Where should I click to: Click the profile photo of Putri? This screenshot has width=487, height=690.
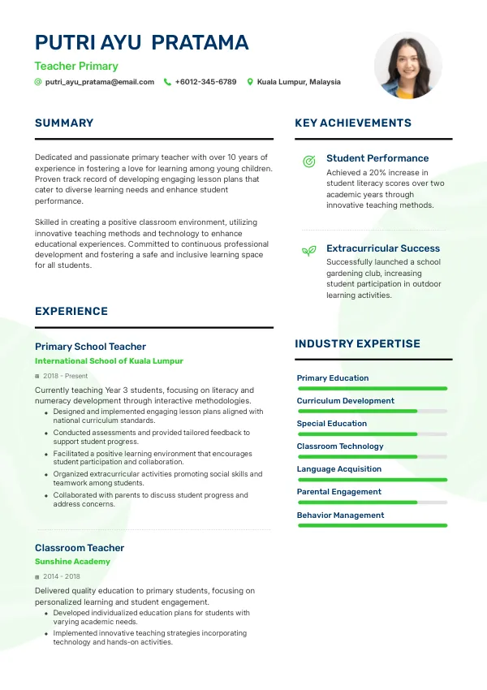[x=408, y=66]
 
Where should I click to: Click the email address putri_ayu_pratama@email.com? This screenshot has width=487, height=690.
[x=99, y=82]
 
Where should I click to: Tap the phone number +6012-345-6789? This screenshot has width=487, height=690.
[x=205, y=82]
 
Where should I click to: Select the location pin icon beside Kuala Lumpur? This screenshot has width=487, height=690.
[x=250, y=82]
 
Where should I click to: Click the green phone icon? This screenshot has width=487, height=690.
[x=167, y=82]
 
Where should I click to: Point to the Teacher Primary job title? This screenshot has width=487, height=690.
[x=76, y=67]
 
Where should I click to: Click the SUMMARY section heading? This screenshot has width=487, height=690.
[x=64, y=123]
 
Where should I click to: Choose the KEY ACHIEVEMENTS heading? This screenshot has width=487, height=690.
[x=353, y=123]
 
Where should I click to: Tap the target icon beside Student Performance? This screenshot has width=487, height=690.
[x=308, y=162]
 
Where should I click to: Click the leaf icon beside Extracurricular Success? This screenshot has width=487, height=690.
[x=308, y=252]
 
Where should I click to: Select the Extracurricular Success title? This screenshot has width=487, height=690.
[x=383, y=248]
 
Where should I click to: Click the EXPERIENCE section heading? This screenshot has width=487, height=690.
[x=71, y=311]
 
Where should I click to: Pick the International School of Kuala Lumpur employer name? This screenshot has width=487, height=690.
[x=109, y=360]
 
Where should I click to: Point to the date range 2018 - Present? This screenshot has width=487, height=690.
[x=66, y=376]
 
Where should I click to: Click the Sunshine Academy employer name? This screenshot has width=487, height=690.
[x=72, y=561]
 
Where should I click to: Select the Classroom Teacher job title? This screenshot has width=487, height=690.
[x=80, y=548]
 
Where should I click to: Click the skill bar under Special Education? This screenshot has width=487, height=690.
[x=373, y=434]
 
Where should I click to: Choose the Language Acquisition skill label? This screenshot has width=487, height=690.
[x=339, y=469]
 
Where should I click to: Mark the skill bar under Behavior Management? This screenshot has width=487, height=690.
[x=373, y=525]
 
